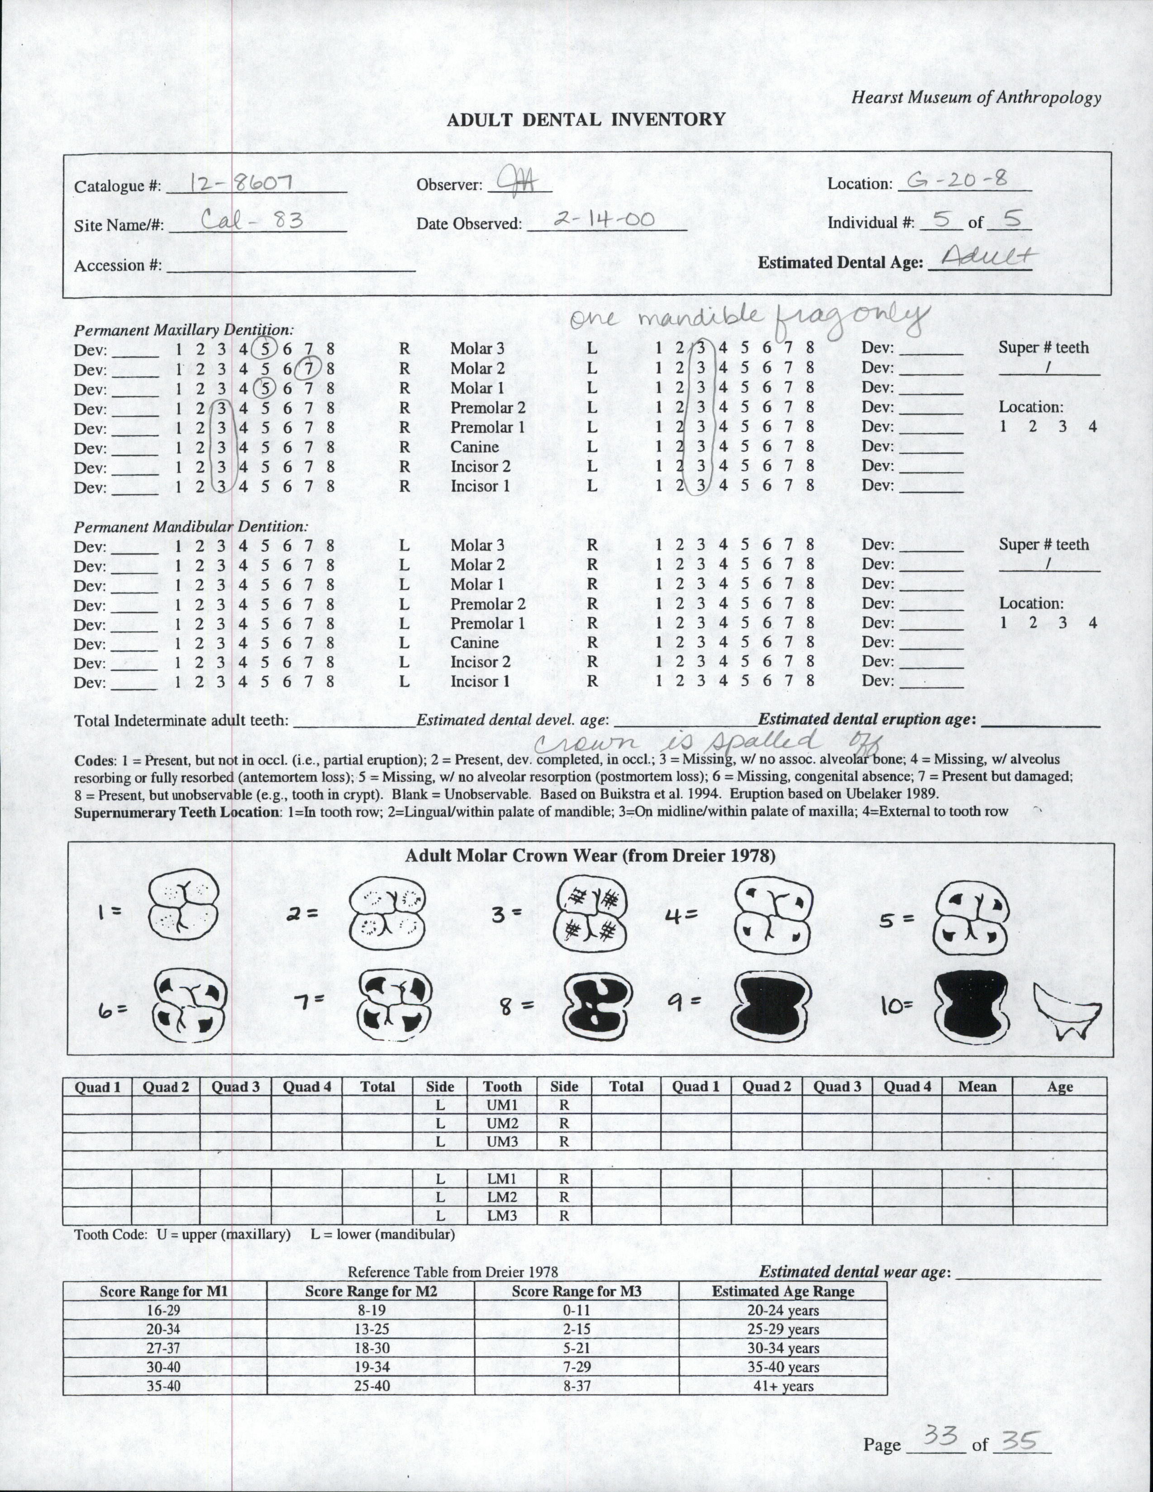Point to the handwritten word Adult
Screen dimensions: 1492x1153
click(x=989, y=259)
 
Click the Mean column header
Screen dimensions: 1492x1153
click(x=977, y=1086)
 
